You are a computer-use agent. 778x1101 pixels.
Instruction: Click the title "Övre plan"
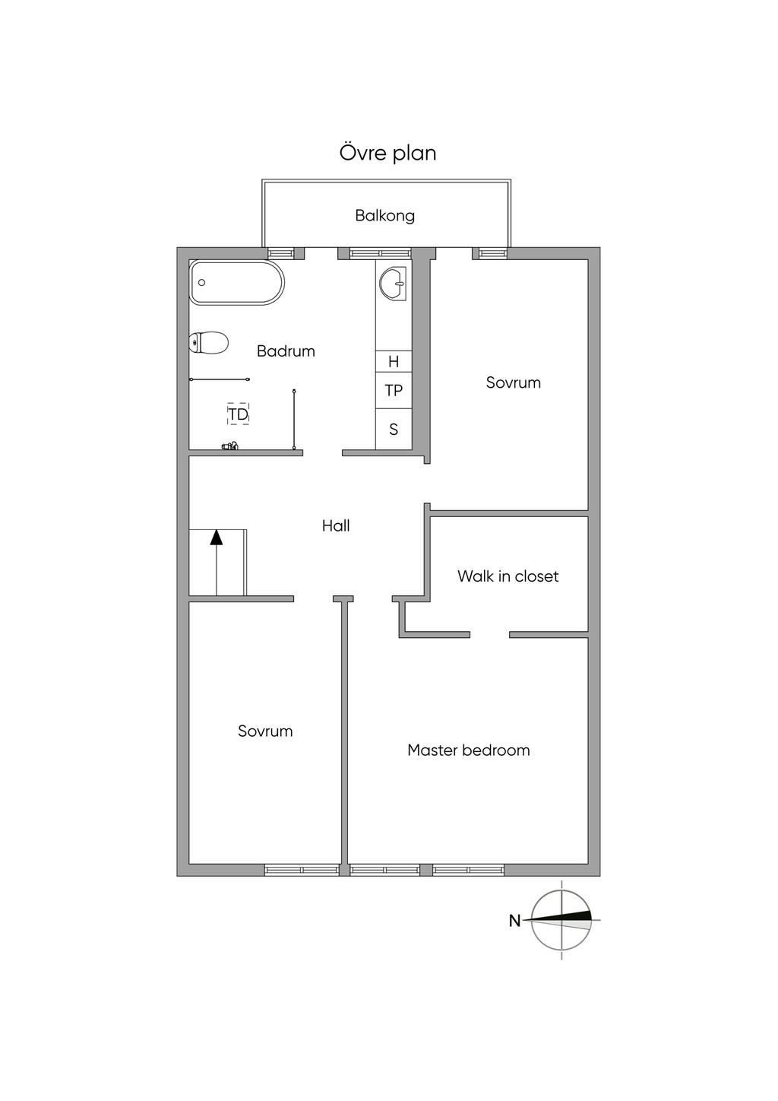tap(387, 153)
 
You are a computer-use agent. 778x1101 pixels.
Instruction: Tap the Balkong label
tap(385, 216)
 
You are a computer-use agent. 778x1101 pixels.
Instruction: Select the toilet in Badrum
tap(210, 343)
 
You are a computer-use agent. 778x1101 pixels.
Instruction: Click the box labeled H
tap(394, 362)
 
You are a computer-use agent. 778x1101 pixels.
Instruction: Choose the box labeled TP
tap(394, 391)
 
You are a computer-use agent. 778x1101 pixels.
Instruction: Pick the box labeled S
tap(394, 430)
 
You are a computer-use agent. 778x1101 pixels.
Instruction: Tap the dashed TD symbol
tap(239, 414)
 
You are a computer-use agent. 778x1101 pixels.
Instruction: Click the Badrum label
tap(286, 351)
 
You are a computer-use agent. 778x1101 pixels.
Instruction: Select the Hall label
tap(336, 526)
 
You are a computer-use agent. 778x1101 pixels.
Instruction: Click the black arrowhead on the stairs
tap(217, 537)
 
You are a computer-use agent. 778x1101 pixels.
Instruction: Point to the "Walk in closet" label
tap(508, 576)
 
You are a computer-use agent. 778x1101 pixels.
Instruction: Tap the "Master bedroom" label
tap(468, 750)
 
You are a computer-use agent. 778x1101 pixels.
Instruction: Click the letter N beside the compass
tap(514, 921)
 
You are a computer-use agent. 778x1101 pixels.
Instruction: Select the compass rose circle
tap(561, 920)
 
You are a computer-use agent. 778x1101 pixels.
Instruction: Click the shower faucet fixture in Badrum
tap(230, 446)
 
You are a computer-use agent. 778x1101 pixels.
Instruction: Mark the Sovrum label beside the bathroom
tap(514, 382)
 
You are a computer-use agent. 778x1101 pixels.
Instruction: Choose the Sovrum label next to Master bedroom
tap(265, 731)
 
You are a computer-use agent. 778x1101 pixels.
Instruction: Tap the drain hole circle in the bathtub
tap(202, 283)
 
